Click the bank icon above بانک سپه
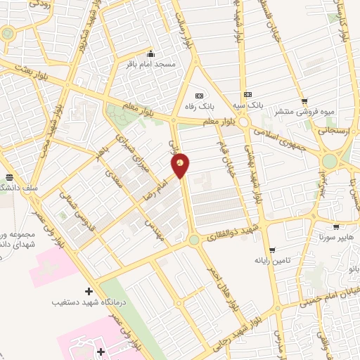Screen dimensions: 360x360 pyautogui.click(x=247, y=94)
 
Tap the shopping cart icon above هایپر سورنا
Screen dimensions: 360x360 pyautogui.click(x=337, y=227)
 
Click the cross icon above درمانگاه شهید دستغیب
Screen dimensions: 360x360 pyautogui.click(x=89, y=291)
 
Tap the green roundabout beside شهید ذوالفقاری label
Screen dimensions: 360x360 pyautogui.click(x=193, y=240)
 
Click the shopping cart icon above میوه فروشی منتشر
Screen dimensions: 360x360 pyautogui.click(x=304, y=101)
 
